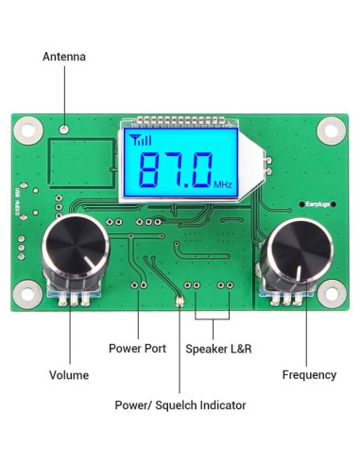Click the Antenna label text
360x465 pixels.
tap(64, 57)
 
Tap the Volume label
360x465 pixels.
tap(70, 375)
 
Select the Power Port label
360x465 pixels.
tap(137, 349)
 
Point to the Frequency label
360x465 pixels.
tap(309, 375)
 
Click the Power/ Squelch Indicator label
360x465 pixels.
tap(180, 405)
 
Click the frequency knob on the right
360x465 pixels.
tap(293, 252)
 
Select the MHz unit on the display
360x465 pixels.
tap(223, 184)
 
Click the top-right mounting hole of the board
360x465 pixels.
tap(332, 128)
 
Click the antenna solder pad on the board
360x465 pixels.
tap(64, 129)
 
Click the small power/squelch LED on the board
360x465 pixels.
tap(180, 302)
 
